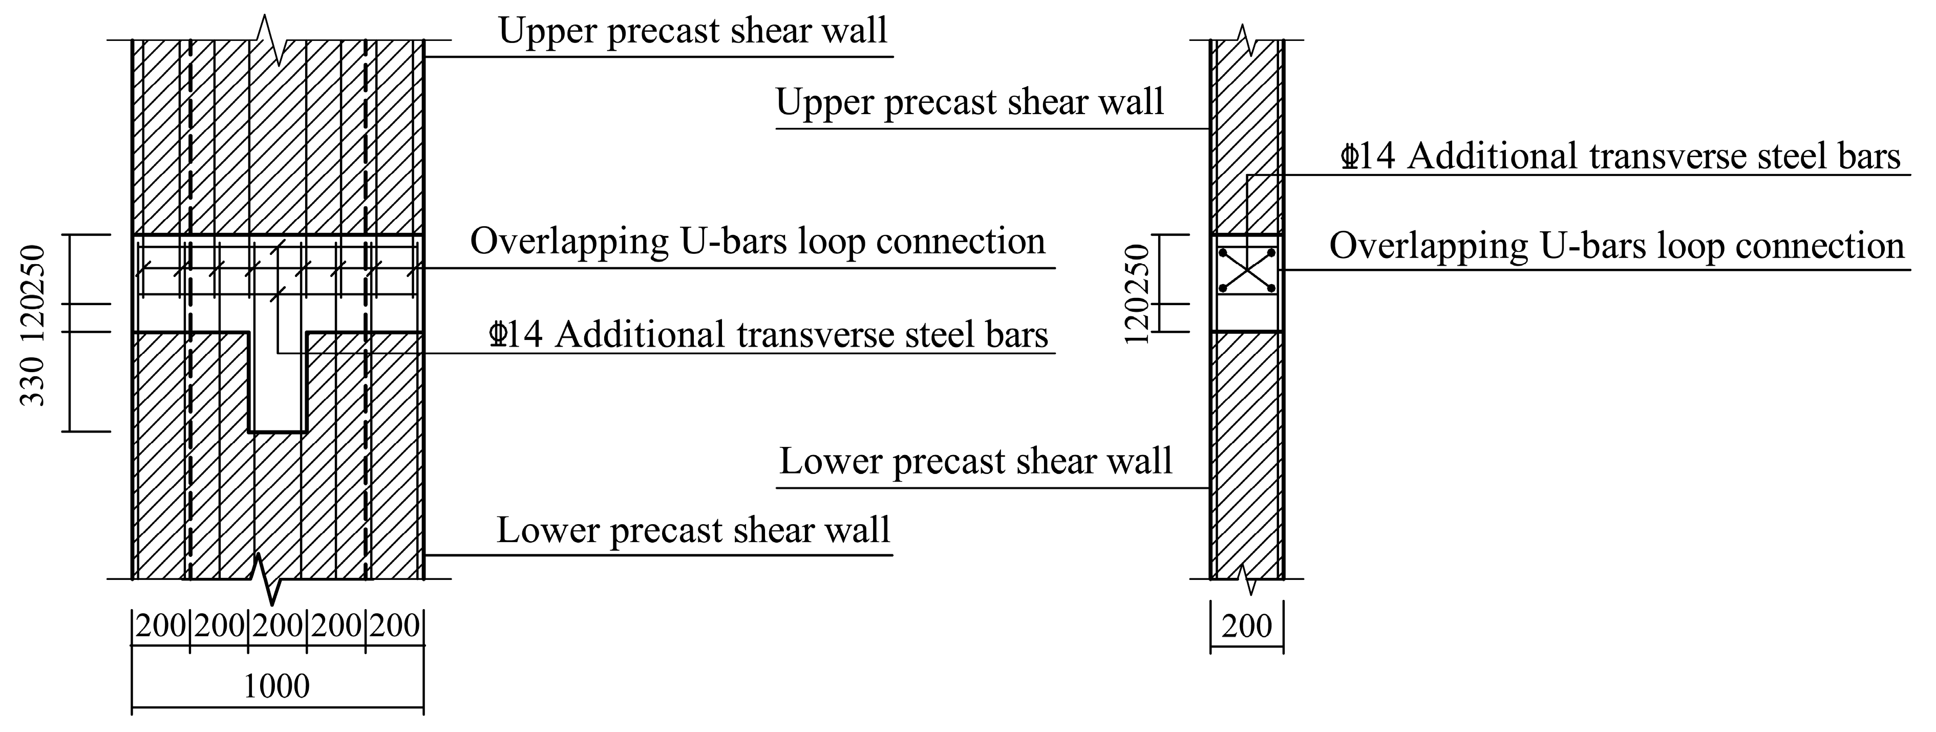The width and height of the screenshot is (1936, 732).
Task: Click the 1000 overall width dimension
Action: (276, 686)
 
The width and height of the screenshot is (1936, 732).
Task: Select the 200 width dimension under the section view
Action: (1247, 626)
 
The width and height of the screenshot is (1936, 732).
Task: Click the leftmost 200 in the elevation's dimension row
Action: (161, 626)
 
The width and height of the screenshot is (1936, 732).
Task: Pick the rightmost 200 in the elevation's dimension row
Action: (395, 626)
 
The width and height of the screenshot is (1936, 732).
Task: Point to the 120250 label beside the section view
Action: (1139, 293)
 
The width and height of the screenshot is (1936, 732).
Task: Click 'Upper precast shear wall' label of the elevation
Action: (693, 32)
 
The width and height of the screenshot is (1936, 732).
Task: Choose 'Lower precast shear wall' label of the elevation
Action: (693, 530)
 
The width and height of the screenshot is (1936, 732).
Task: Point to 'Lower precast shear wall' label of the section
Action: (975, 461)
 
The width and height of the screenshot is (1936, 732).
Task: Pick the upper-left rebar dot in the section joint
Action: (1223, 252)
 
